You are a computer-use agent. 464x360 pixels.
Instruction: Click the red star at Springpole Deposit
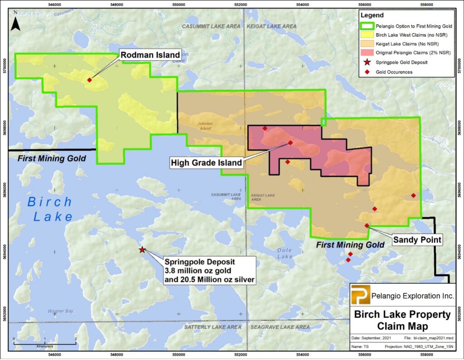(x=142, y=249)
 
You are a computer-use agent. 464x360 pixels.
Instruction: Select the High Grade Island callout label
(x=206, y=162)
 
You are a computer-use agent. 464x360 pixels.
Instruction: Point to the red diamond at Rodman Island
(x=90, y=80)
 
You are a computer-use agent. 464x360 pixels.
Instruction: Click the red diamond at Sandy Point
(x=367, y=225)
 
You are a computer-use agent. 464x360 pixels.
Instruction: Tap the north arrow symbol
(x=15, y=22)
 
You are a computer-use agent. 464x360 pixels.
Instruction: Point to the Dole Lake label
(x=285, y=253)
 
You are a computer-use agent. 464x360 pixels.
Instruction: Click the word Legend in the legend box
(x=372, y=15)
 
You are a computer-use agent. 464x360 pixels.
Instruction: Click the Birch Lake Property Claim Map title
(x=402, y=320)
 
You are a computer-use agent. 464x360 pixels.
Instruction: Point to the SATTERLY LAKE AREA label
(x=213, y=327)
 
